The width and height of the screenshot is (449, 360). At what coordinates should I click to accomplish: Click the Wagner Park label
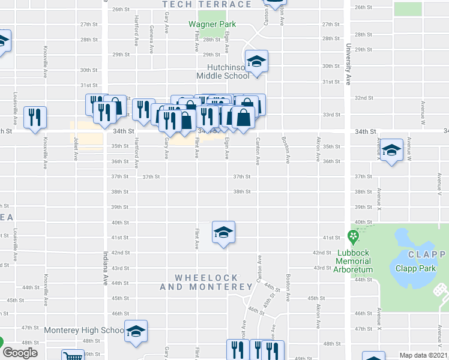(212, 25)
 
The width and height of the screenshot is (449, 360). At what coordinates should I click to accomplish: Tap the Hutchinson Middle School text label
(223, 71)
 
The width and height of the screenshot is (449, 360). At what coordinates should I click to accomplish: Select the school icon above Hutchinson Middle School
(256, 61)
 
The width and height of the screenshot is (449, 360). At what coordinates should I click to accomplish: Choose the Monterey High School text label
(83, 330)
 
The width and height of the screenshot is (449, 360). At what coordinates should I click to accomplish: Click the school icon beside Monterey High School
(136, 331)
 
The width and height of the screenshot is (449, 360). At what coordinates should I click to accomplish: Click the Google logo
(20, 352)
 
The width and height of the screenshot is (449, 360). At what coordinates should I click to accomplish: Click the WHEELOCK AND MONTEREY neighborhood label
(206, 283)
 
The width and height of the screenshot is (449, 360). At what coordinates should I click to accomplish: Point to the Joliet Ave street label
(76, 150)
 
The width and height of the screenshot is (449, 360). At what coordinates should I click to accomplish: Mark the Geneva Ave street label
(152, 37)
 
